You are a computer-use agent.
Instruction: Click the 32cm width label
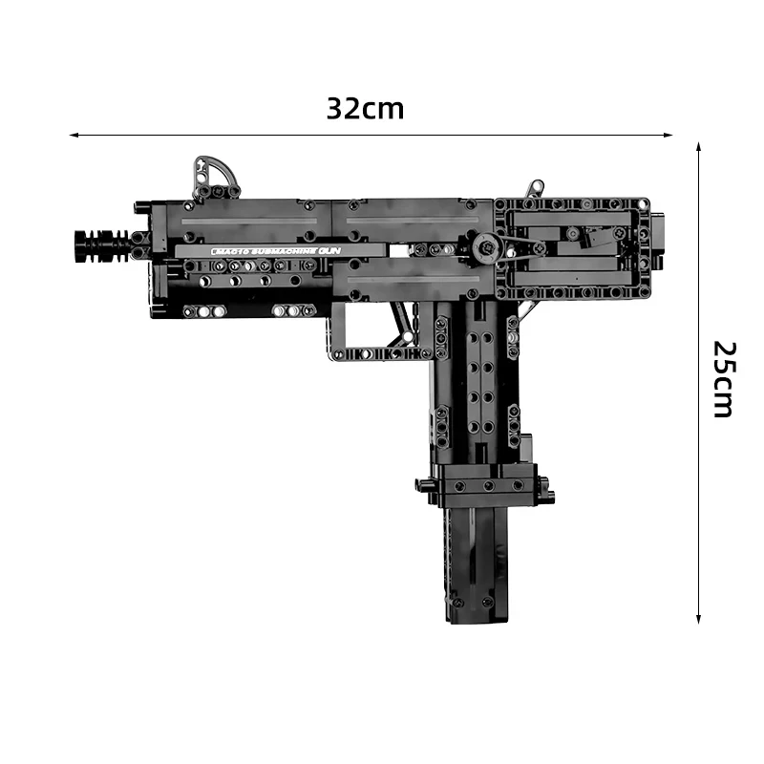[365, 108]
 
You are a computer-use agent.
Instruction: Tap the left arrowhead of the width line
[74, 136]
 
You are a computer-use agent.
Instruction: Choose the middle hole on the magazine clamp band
[487, 485]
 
